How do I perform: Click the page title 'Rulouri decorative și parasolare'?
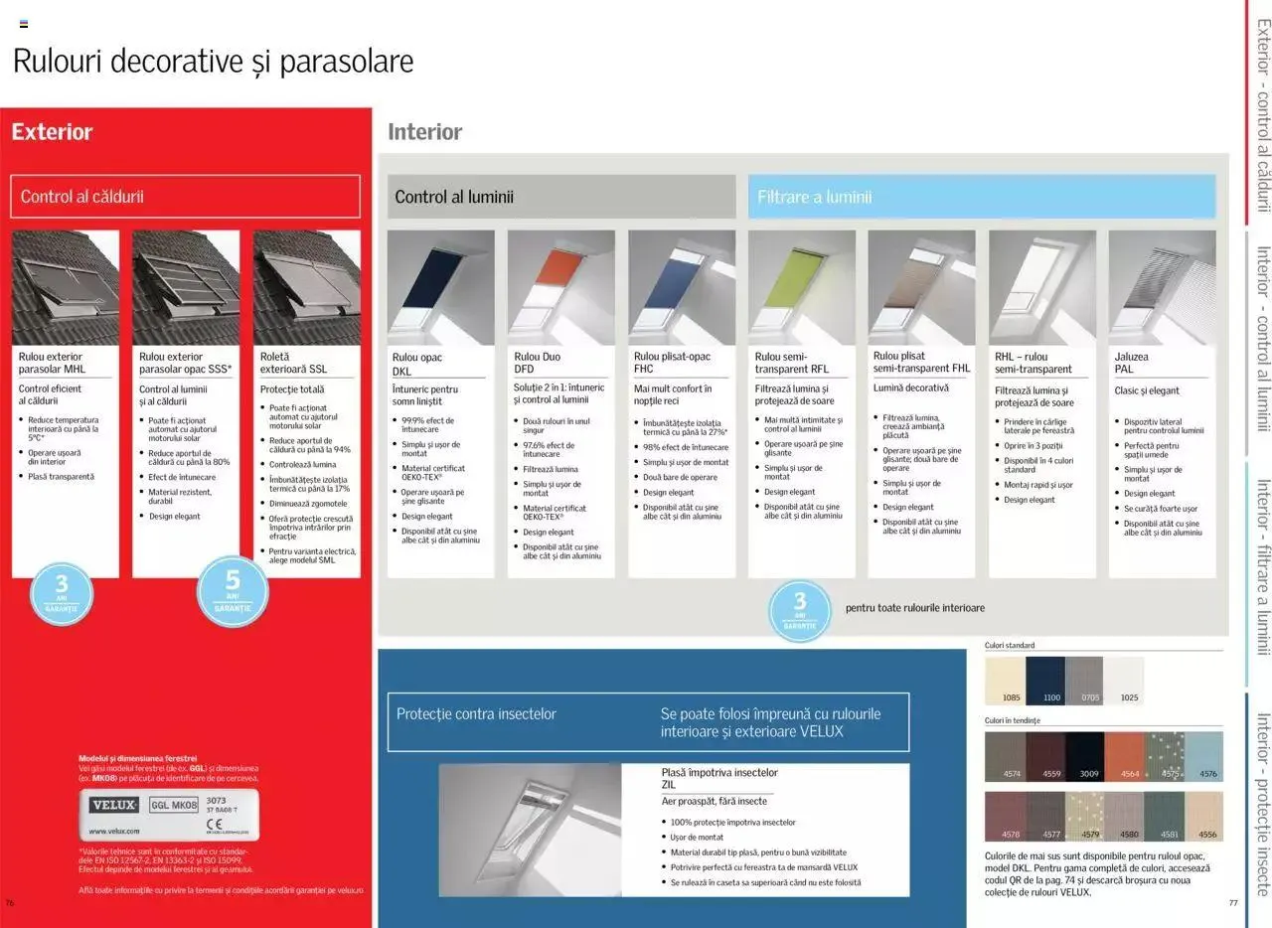click(x=213, y=62)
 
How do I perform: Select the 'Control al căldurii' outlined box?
click(x=185, y=197)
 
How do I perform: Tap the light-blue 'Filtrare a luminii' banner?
click(x=981, y=197)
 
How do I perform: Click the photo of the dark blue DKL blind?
click(x=440, y=287)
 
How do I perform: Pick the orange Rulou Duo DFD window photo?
click(x=560, y=287)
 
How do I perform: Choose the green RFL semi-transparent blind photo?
click(x=801, y=287)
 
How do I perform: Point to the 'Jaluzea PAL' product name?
click(x=1131, y=363)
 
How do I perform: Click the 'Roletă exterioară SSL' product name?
click(x=293, y=363)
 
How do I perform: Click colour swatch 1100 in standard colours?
click(x=1044, y=681)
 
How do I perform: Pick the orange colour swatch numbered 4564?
click(x=1123, y=757)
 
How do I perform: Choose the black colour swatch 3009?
click(x=1084, y=757)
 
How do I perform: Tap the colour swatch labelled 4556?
click(x=1203, y=816)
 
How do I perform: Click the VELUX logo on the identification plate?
click(x=113, y=805)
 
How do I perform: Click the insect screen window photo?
click(x=530, y=830)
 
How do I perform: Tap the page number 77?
click(x=1233, y=903)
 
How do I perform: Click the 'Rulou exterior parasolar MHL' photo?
click(x=66, y=287)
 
